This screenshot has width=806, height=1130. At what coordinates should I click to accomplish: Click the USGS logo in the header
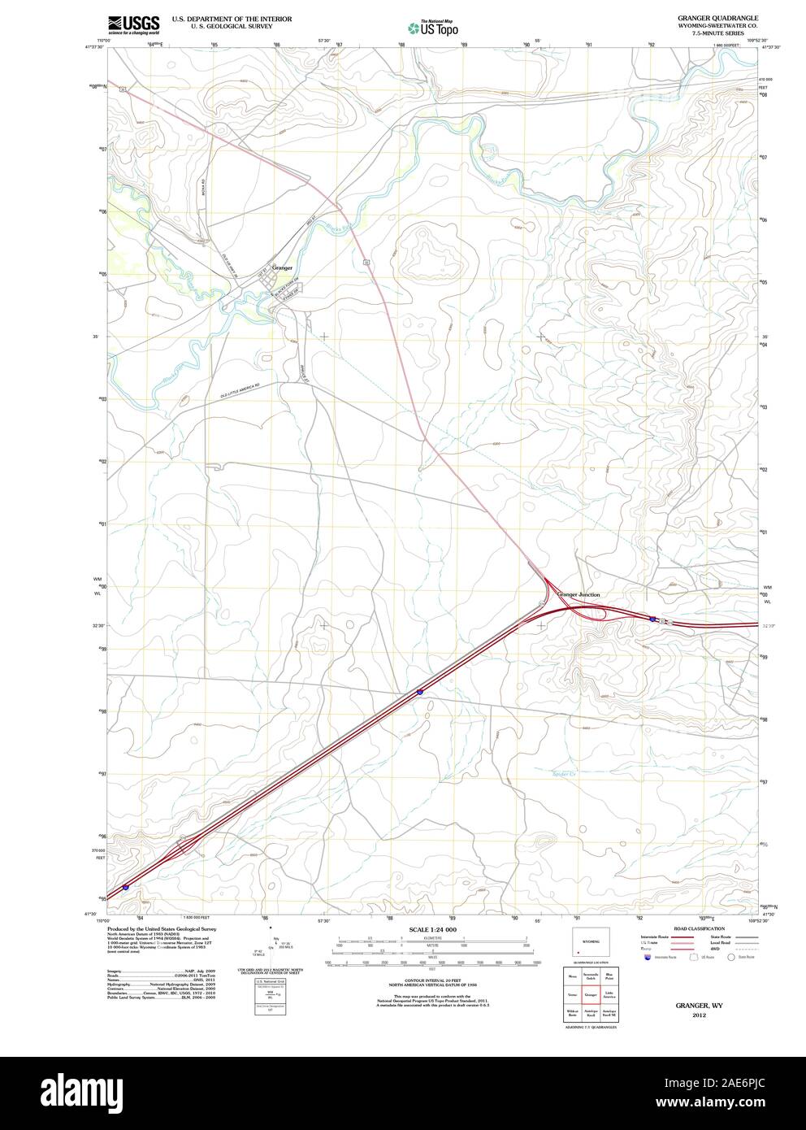136,24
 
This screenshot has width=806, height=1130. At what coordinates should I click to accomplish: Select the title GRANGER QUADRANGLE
706,17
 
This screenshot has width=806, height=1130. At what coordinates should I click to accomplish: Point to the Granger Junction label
579,594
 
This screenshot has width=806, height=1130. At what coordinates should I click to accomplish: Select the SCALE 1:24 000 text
433,929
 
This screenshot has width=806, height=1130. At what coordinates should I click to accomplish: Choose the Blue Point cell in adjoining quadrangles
609,976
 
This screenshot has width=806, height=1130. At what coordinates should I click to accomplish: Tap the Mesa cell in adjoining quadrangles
572,976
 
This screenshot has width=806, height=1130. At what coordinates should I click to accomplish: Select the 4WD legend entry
716,949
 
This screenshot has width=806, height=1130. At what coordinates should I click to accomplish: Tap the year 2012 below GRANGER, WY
699,1015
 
